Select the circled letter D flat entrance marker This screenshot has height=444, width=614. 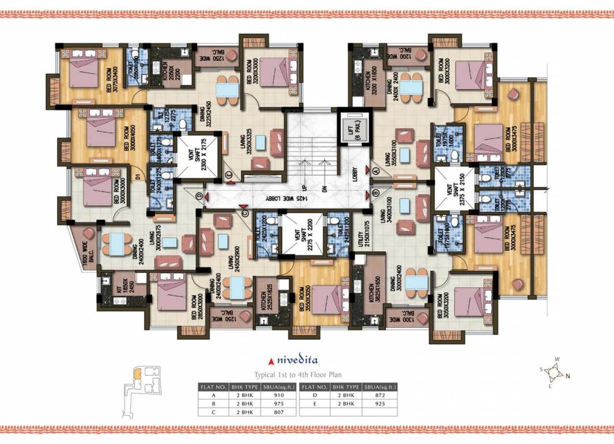pyautogui.click(x=200, y=197)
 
